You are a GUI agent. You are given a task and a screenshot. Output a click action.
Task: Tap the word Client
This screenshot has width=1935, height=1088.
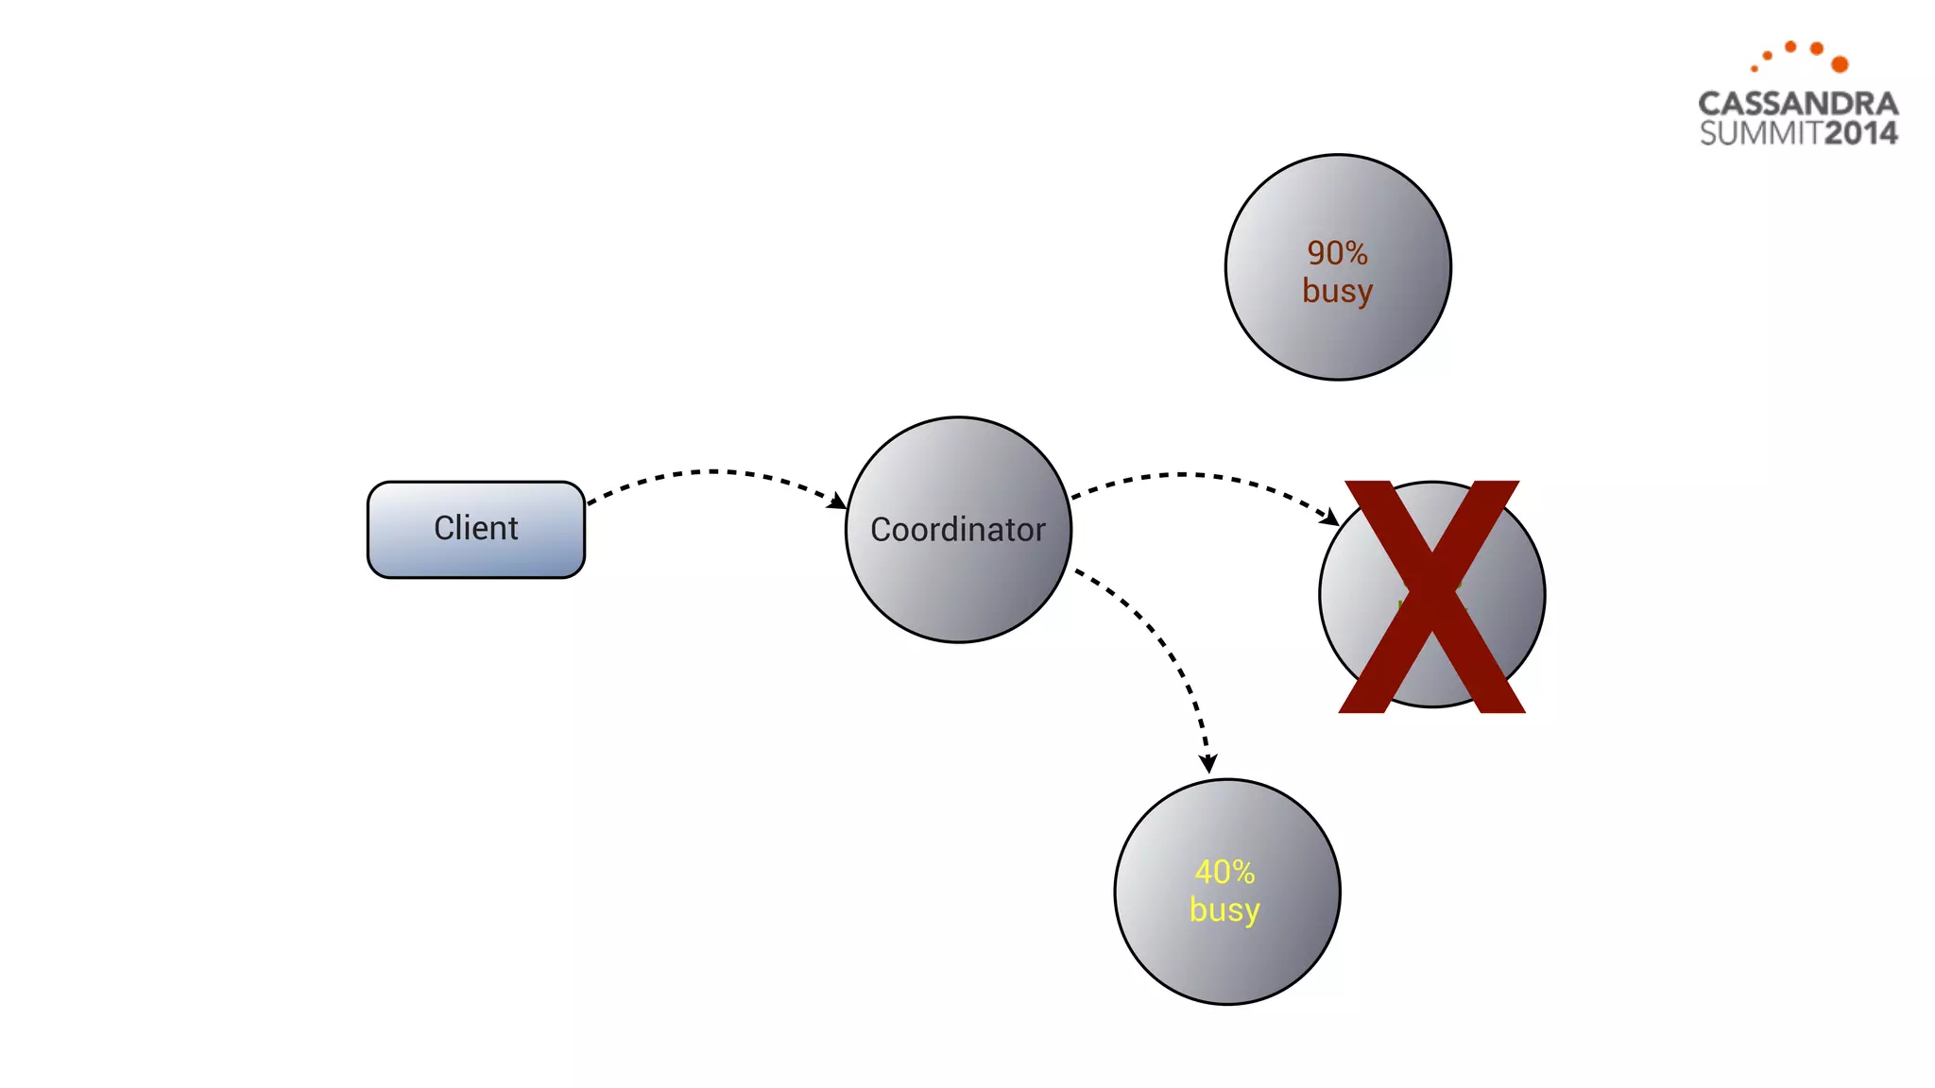coord(475,528)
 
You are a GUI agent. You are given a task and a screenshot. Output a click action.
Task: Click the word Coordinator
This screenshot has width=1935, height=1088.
coord(958,530)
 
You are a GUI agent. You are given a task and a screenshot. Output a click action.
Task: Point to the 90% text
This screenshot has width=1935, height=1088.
coord(1337,253)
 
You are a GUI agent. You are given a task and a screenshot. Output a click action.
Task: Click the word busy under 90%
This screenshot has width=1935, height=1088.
coord(1337,291)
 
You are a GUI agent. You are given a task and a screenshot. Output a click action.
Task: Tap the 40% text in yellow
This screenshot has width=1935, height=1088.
coord(1224,872)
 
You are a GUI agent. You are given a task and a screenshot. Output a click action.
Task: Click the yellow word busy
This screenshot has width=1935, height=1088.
coord(1224,909)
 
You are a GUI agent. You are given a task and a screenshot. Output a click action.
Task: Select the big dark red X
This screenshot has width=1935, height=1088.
coord(1431,597)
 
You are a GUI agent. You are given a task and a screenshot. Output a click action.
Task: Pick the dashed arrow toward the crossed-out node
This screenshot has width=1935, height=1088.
coord(1190,475)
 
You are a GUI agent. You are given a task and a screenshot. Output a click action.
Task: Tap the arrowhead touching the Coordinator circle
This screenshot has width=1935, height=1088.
coord(837,501)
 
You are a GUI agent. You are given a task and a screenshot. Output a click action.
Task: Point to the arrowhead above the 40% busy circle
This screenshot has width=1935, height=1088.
coord(1207,763)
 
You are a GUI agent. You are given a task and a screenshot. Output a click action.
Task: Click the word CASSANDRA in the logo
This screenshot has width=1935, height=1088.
coord(1797,104)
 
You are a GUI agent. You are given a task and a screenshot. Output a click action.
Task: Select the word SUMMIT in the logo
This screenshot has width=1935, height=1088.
coord(1760,133)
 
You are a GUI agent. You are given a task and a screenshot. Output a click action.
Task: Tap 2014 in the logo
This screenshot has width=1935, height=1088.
coord(1860,133)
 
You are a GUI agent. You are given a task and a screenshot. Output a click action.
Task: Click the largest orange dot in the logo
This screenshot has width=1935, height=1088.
coord(1840,64)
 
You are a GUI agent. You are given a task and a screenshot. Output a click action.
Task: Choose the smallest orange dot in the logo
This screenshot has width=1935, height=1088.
coord(1755,68)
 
